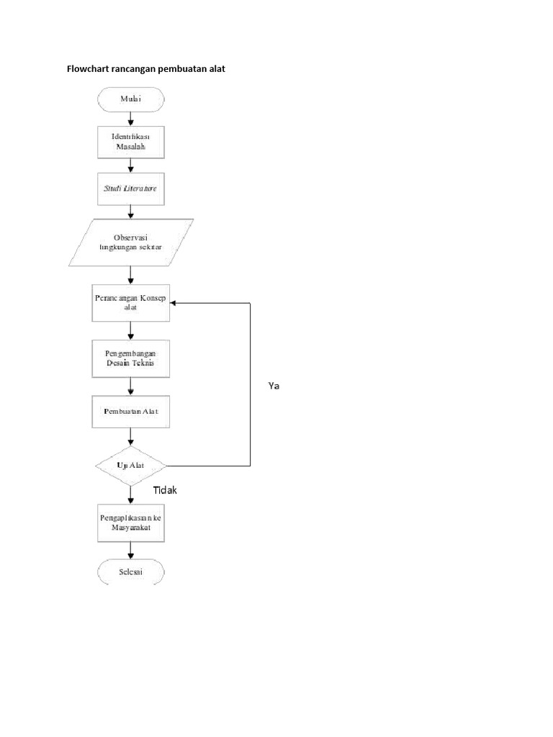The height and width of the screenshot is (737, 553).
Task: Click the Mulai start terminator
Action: tap(130, 99)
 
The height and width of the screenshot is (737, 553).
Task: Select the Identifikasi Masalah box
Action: tap(130, 142)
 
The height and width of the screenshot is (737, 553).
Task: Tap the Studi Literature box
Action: tap(130, 189)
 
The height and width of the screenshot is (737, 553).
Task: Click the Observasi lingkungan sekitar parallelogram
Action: tap(130, 243)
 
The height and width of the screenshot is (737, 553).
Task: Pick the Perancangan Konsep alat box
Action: tap(130, 303)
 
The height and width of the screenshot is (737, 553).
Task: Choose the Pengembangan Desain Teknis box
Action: tap(130, 358)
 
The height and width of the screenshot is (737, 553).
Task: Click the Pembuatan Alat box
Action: tap(130, 412)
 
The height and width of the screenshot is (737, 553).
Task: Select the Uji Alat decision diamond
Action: tap(130, 466)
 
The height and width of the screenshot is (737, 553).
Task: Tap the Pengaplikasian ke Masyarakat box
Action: tap(130, 523)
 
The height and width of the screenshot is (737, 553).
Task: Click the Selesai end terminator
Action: tap(130, 573)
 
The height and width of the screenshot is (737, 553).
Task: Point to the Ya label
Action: tap(273, 386)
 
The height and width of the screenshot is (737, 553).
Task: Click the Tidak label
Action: tap(164, 490)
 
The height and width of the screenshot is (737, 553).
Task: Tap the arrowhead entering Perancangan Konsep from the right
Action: tap(174, 303)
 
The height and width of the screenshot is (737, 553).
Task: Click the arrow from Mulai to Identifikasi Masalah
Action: tap(130, 119)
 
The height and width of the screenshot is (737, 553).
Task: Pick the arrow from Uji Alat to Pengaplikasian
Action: tap(130, 494)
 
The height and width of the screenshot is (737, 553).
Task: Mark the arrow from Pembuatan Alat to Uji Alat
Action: tap(130, 438)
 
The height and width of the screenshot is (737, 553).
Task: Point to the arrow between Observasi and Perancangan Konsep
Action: tap(130, 275)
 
